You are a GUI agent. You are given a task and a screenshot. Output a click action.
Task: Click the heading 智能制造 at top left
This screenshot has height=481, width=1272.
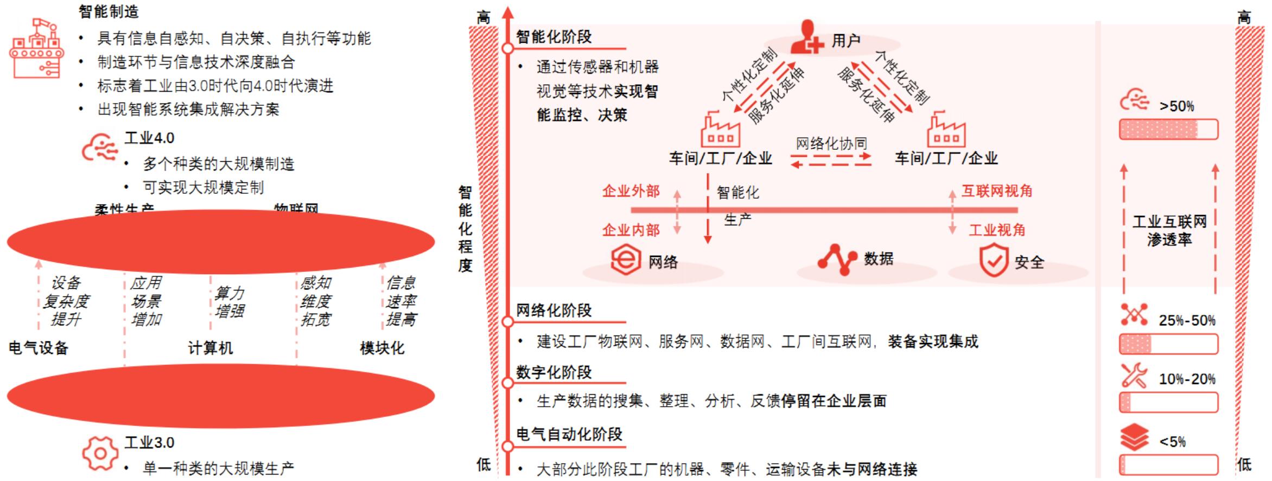109,11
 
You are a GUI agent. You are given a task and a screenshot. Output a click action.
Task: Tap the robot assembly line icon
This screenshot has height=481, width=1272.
36,48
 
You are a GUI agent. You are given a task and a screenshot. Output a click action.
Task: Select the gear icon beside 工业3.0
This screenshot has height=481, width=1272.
99,453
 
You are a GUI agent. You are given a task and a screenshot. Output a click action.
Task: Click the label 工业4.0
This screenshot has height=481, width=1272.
149,138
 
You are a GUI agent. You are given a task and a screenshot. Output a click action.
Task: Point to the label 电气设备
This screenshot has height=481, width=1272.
39,348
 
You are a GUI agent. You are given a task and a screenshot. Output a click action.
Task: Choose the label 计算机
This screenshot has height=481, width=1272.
210,348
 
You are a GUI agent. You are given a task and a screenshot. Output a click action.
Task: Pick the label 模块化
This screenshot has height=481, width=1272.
382,348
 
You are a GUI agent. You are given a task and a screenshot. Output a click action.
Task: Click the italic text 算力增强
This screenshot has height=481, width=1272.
229,302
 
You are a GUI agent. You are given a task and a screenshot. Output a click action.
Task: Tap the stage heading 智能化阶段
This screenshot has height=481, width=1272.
554,37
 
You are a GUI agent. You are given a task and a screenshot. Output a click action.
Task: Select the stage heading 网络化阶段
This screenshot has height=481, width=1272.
554,311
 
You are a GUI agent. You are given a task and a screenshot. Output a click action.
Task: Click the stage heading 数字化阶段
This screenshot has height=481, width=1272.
554,372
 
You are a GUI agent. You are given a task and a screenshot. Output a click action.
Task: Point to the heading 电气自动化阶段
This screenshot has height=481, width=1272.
569,434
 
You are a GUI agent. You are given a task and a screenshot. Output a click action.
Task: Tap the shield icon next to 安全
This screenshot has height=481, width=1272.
994,261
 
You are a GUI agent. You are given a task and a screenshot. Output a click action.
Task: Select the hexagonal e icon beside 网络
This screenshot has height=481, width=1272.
625,260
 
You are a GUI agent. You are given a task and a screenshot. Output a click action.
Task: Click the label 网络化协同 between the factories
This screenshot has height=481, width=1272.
831,144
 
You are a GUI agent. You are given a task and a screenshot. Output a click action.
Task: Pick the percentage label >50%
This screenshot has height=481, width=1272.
1176,106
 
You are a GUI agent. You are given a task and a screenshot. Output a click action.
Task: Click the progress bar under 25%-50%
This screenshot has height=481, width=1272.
1168,344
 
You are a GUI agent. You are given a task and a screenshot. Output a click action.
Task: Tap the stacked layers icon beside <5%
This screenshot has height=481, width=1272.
1134,438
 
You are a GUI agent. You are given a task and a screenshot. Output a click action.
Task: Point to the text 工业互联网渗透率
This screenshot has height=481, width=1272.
1169,230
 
